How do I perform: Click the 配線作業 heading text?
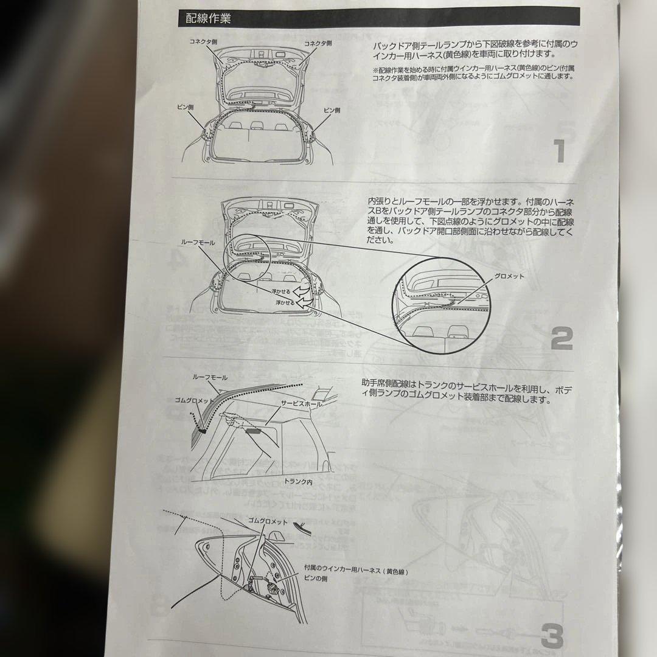coord(208,18)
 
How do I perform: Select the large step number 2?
coord(561,338)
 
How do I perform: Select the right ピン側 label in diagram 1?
coord(332,110)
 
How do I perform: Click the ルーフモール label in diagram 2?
coord(198,242)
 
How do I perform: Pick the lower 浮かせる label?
coord(285,302)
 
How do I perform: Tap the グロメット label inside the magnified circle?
coord(509,276)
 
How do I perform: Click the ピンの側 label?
coord(316,580)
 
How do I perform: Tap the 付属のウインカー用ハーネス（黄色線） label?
coord(355,572)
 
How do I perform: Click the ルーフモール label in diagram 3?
coord(210,377)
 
